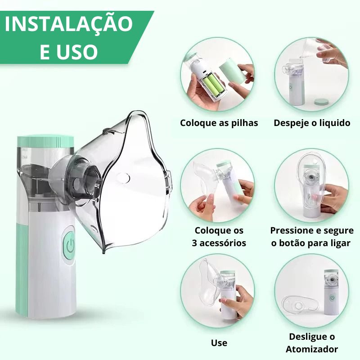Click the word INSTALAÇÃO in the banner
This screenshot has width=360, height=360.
pos(69,24)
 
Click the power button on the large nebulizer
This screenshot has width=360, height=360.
pos(70,244)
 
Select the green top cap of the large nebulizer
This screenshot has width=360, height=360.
pos(45,141)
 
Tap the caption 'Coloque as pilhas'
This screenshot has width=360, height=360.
pos(219,123)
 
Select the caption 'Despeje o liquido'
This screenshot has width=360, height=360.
pos(312,123)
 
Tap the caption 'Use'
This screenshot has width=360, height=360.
pos(219,343)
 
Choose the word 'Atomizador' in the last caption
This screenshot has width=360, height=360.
pos(311,349)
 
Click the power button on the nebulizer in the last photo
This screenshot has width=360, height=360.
pos(332,298)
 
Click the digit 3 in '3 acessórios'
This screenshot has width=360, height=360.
pos(194,243)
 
